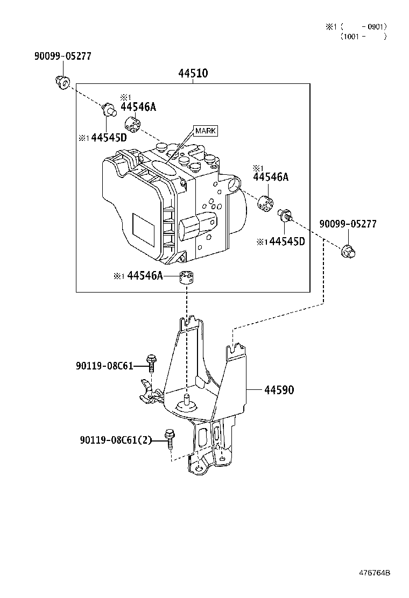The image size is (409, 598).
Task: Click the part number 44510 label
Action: [x=193, y=73]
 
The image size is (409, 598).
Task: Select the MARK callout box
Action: [x=206, y=131]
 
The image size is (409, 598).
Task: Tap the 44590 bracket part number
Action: [x=279, y=390]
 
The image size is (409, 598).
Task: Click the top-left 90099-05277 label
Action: [x=63, y=56]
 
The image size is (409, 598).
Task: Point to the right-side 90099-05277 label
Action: [x=348, y=224]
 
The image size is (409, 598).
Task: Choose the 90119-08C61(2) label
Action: [x=116, y=440]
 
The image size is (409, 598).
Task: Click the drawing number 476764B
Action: [x=374, y=573]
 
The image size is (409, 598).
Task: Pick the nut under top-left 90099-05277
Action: [x=62, y=82]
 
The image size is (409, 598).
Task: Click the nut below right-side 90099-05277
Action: [x=348, y=251]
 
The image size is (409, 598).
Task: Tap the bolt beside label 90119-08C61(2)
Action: [x=169, y=439]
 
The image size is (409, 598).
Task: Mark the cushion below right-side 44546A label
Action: [x=265, y=203]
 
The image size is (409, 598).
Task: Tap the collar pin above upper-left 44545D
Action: [x=108, y=110]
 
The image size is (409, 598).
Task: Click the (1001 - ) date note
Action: [x=364, y=37]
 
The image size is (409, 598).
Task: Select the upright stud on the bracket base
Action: [x=186, y=401]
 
